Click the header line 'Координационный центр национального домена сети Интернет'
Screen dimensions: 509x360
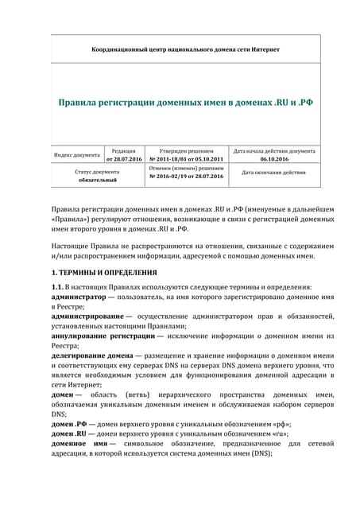tap(185, 49)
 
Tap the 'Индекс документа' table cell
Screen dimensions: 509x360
tap(76, 155)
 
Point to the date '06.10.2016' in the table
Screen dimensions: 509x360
tap(273, 160)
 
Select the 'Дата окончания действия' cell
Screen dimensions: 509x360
tap(273, 173)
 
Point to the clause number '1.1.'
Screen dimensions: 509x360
tap(56, 286)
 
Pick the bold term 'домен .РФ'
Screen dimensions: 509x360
tap(69, 424)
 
